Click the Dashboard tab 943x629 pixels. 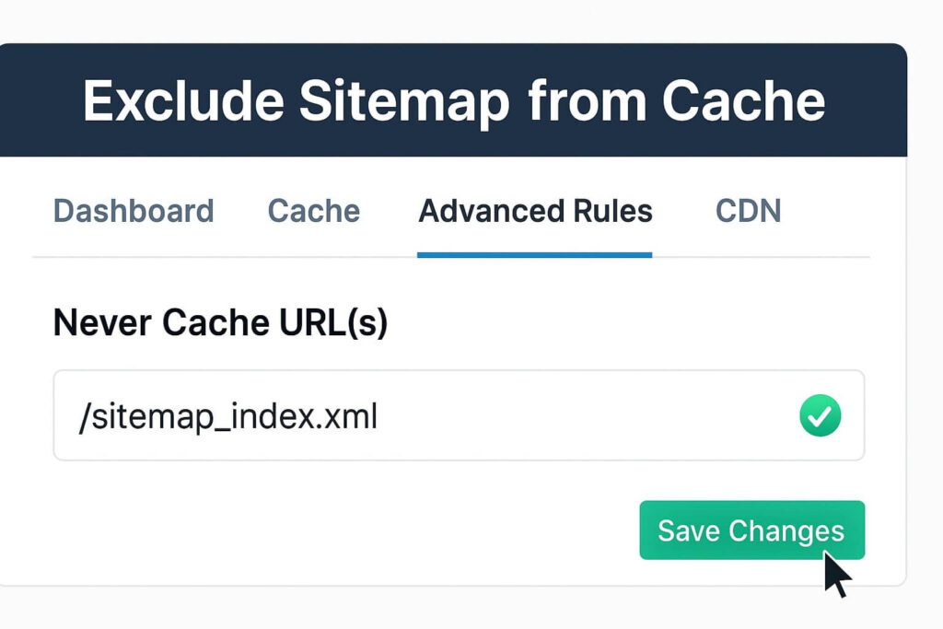[134, 211]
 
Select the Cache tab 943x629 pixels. [313, 211]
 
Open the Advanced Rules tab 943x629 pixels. [535, 211]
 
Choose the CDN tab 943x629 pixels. [748, 211]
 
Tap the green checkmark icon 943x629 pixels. [820, 417]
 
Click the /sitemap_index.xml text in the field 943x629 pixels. [228, 417]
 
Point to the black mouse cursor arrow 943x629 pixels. [834, 574]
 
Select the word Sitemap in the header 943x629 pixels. [402, 100]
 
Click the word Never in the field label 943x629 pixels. [102, 322]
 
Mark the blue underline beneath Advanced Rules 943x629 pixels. [534, 254]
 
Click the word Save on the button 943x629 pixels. [689, 530]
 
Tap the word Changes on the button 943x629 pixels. [786, 530]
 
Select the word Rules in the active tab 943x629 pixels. [610, 211]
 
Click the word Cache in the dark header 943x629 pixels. [743, 100]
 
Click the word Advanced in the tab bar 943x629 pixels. [486, 211]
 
